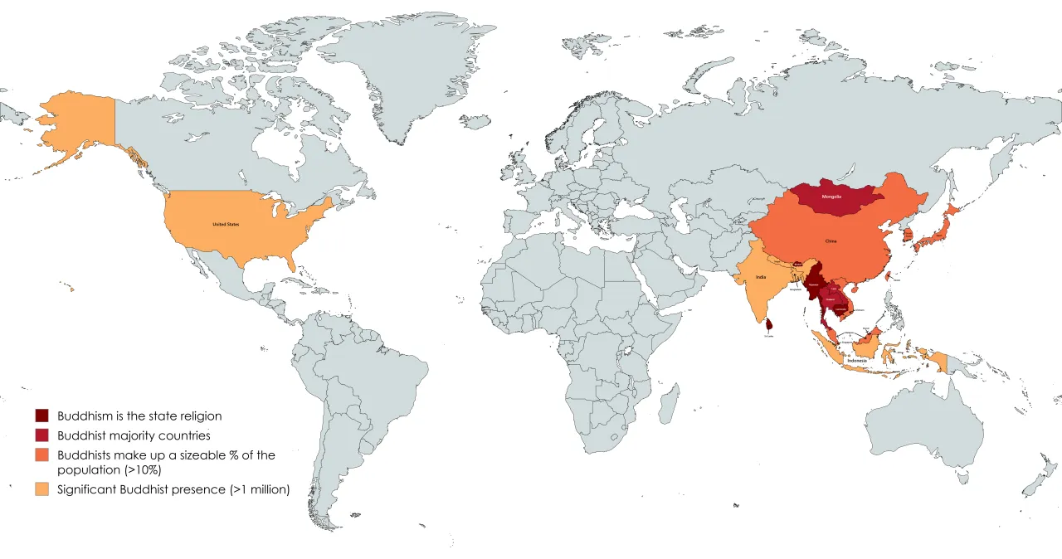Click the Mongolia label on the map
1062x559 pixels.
point(831,197)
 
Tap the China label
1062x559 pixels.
point(831,241)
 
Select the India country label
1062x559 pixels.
point(761,277)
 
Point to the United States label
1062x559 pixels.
point(226,224)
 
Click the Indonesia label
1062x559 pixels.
point(856,362)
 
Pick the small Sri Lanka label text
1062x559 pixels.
point(769,336)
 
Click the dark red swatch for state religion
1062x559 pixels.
point(43,416)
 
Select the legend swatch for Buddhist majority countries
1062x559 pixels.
point(43,435)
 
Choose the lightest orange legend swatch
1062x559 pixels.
point(43,489)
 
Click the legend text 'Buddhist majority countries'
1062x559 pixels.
point(134,435)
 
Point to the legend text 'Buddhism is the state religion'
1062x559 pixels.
point(139,416)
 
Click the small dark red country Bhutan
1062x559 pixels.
point(797,264)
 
